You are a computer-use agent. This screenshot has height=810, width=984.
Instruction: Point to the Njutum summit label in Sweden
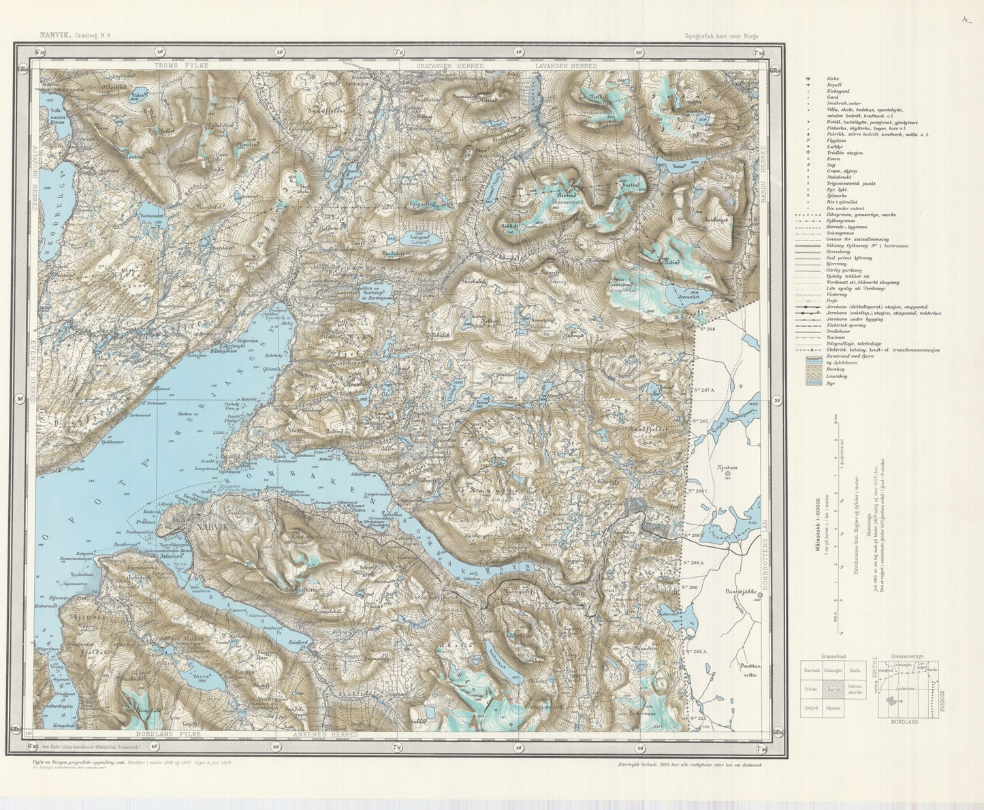[727, 467]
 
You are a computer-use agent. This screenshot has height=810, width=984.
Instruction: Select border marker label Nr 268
[705, 329]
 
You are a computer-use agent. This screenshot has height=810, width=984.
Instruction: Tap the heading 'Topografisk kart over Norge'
[720, 36]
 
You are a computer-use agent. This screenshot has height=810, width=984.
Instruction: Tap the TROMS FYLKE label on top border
[180, 65]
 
